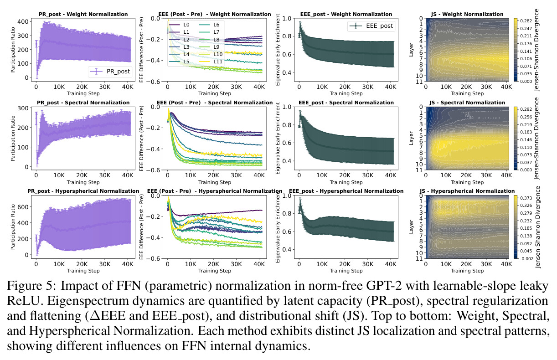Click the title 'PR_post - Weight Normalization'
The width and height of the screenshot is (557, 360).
click(83, 14)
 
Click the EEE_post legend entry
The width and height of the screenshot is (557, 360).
click(371, 26)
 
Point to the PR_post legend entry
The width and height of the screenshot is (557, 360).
click(110, 72)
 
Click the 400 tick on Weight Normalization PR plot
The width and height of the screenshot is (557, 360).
click(23, 21)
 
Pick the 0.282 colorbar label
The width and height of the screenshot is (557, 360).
click(526, 21)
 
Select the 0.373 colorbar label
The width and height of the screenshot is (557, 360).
click(526, 198)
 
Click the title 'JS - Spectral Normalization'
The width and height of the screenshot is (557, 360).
click(467, 103)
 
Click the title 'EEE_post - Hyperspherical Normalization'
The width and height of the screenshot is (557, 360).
click(346, 191)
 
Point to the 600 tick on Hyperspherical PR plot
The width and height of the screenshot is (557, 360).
click(23, 207)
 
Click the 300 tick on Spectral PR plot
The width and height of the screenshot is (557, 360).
click(23, 108)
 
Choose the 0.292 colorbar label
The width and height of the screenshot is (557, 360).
click(526, 109)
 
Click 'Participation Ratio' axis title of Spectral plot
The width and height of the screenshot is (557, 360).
click(13, 138)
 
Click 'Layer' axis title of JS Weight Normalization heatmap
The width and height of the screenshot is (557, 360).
click(411, 50)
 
